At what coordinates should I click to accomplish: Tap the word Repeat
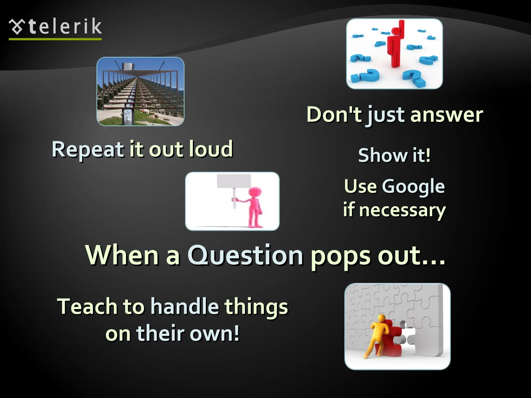[x=88, y=150]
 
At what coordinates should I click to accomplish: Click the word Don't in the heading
[x=334, y=115]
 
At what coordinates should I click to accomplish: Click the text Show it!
[x=394, y=155]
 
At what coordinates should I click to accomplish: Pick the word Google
[x=413, y=187]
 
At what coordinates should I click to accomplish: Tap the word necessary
[x=402, y=210]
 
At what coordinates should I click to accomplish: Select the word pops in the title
[x=341, y=256]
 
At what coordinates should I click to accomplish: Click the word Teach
[x=87, y=307]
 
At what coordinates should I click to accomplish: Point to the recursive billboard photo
[x=140, y=91]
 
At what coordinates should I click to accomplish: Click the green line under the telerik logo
[x=55, y=39]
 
